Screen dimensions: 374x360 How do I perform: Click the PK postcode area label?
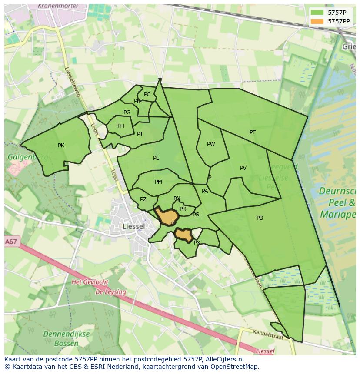click(x=61, y=146)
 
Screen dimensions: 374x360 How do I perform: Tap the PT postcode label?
click(x=253, y=132)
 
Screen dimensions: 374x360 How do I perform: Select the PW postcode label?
click(x=211, y=144)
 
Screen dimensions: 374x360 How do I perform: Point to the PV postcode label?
click(x=243, y=168)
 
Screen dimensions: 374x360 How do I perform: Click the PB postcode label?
click(x=260, y=218)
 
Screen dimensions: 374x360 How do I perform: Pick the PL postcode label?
click(x=156, y=158)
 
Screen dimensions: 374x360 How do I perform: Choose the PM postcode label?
click(x=158, y=182)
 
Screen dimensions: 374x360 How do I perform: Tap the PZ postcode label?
click(x=143, y=199)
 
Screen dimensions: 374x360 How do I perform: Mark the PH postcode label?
click(x=121, y=126)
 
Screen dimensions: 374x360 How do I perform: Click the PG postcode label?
click(x=127, y=113)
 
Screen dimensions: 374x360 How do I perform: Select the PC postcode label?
click(x=147, y=94)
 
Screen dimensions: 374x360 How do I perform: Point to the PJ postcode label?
click(x=140, y=134)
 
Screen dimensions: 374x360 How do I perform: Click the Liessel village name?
click(x=133, y=226)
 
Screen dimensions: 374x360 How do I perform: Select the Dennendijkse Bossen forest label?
click(x=67, y=339)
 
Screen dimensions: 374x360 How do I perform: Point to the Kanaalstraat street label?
click(x=268, y=334)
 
